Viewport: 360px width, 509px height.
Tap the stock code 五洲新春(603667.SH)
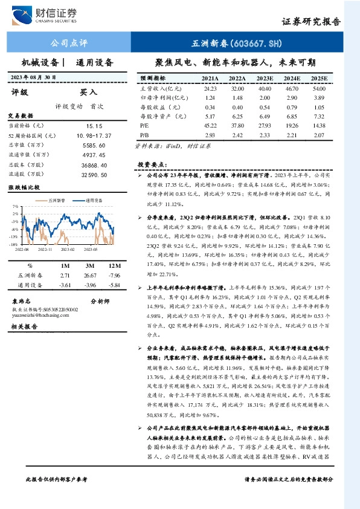coord(237,44)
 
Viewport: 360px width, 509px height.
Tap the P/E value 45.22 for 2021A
coord(210,125)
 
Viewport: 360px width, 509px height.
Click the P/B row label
coord(144,134)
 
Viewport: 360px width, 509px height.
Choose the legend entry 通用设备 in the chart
coord(94,199)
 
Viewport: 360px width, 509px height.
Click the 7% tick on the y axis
coord(15,206)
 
